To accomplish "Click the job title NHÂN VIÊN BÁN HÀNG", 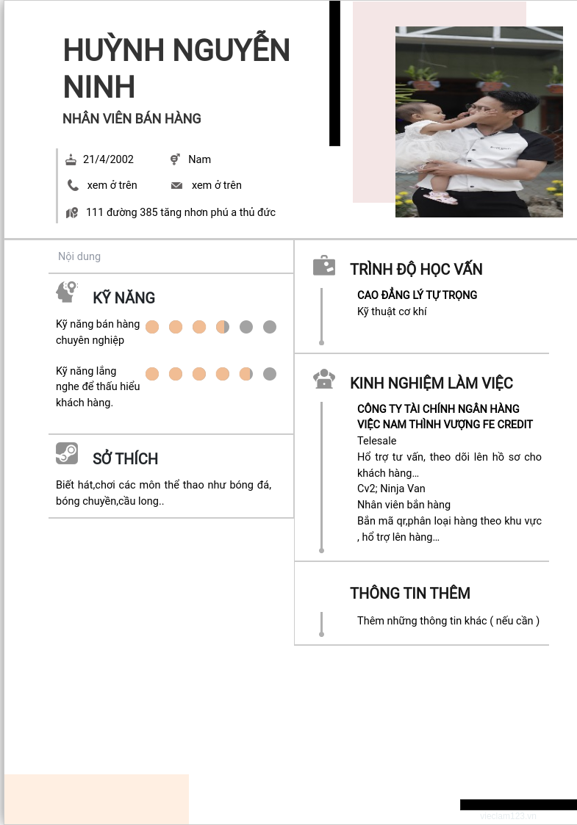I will click(x=132, y=118).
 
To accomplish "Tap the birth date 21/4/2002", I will click(x=108, y=159).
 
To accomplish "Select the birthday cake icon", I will click(x=71, y=159).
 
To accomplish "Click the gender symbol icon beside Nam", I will click(x=175, y=159).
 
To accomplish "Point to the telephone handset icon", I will click(x=73, y=185).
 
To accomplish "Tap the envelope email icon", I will click(x=176, y=185).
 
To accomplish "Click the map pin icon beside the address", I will click(x=71, y=213).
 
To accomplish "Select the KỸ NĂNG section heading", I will click(x=123, y=298).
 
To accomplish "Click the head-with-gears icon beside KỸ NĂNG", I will click(x=66, y=292).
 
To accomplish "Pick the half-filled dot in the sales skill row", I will click(x=223, y=327).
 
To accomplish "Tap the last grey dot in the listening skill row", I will click(x=270, y=374).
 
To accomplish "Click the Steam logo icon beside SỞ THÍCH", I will click(x=67, y=453).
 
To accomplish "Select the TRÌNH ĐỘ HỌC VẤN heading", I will click(x=416, y=269).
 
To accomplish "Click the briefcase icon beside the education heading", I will click(x=324, y=266).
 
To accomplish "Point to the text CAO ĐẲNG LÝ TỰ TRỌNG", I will click(x=417, y=295).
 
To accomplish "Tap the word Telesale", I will click(x=376, y=441).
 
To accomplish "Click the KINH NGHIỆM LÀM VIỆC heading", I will click(x=431, y=383).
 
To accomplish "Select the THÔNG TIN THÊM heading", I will click(x=409, y=593).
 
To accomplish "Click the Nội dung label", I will click(x=79, y=256).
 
